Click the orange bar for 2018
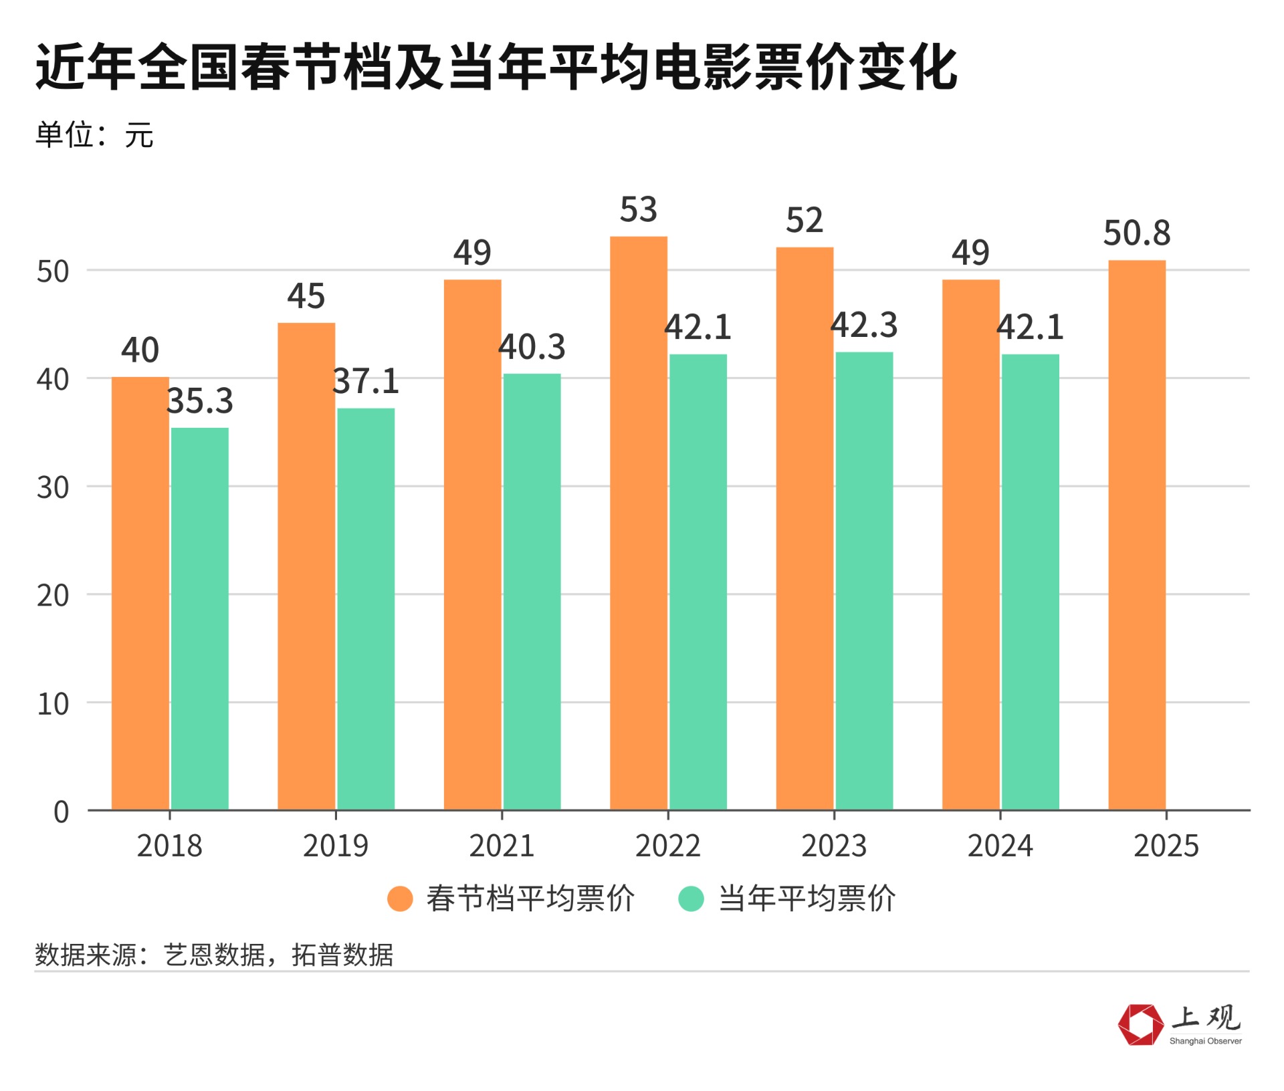pos(140,594)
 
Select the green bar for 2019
pos(366,609)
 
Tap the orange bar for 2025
pos(1137,535)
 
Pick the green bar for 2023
pos(864,581)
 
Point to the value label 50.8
pos(1137,233)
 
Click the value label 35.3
pos(199,401)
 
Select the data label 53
pos(639,210)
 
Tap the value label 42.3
pos(864,326)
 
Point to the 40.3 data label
pos(532,347)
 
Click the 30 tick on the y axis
pos(53,488)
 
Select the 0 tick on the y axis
pos(61,812)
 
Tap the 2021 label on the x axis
pos(502,846)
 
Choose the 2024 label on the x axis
pos(1000,846)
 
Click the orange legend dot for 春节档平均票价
pos(400,898)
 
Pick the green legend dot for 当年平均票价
pos(691,898)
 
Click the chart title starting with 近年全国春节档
pos(496,67)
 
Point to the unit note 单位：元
pos(94,135)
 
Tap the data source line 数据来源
pos(214,955)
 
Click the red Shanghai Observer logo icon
pos(1140,1024)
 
